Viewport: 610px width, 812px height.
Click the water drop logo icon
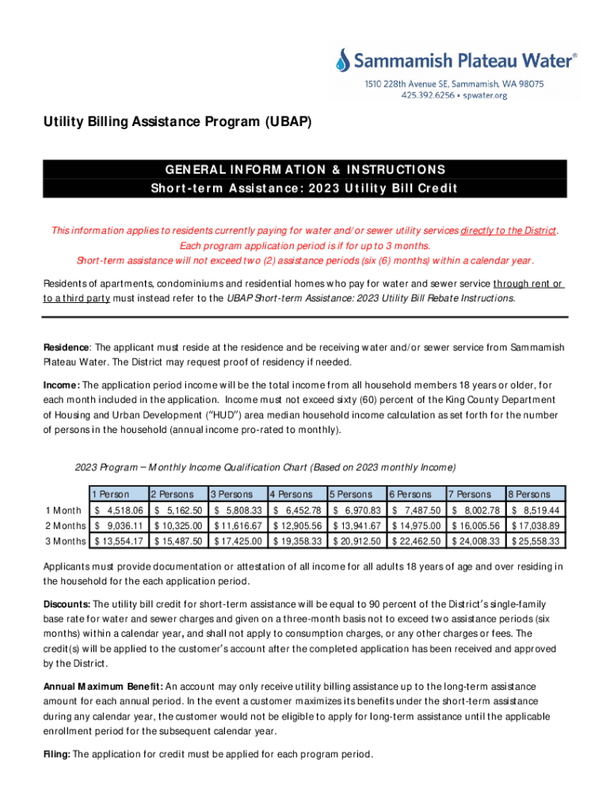[x=343, y=60]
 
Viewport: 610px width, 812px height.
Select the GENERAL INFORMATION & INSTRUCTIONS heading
[x=305, y=170]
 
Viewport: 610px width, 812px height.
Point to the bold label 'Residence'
[x=67, y=347]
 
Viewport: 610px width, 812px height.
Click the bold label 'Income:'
[x=61, y=385]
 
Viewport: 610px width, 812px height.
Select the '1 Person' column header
[x=111, y=494]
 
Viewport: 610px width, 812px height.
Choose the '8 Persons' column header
[x=532, y=494]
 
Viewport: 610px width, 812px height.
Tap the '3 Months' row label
[x=65, y=541]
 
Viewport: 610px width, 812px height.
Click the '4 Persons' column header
[x=294, y=494]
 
